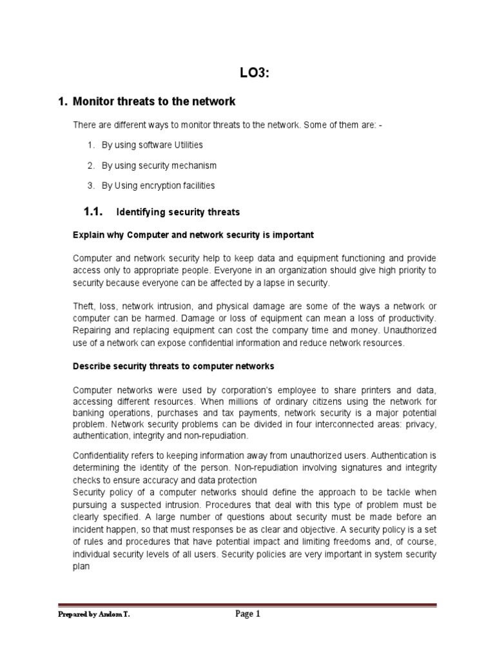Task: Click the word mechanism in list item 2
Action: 194,165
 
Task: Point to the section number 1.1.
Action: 94,211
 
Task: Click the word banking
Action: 87,413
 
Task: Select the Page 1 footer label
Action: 247,614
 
